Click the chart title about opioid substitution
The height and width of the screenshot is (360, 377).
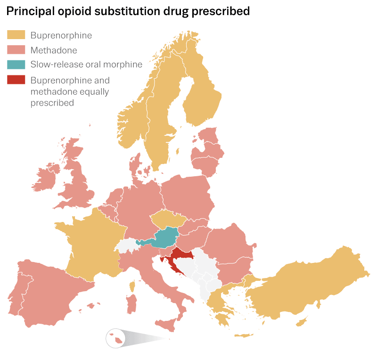[x=128, y=11]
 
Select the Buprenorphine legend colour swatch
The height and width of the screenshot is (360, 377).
[x=16, y=35]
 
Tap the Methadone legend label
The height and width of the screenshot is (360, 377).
[x=54, y=50]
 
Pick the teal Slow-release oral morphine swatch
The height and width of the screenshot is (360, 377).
[x=16, y=65]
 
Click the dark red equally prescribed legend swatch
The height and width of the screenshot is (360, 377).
[x=16, y=80]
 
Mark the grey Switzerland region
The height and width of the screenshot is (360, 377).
[x=126, y=245]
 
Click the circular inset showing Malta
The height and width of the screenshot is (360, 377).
[x=115, y=338]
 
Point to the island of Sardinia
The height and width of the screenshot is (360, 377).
[x=131, y=303]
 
